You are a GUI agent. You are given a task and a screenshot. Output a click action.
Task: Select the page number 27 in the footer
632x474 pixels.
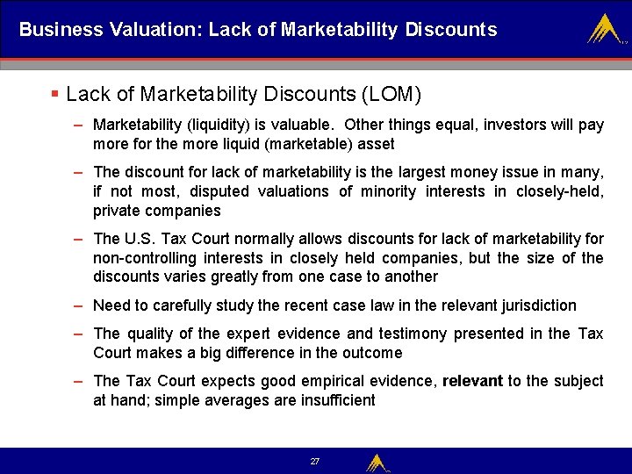[315, 461]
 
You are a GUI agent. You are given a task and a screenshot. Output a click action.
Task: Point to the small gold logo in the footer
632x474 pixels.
[377, 462]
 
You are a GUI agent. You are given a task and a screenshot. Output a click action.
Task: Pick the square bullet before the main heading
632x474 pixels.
[54, 93]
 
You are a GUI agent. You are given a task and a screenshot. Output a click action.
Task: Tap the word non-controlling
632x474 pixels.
[145, 258]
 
